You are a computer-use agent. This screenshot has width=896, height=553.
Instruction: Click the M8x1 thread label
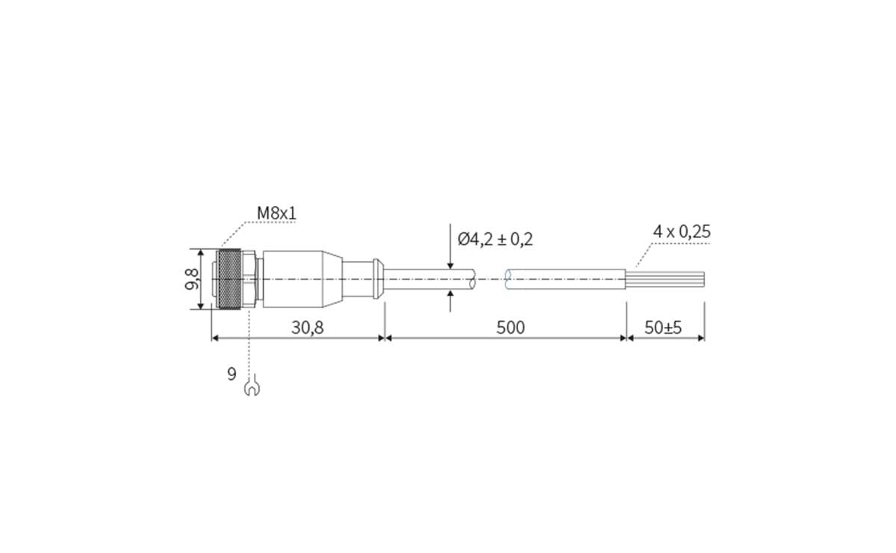click(x=276, y=213)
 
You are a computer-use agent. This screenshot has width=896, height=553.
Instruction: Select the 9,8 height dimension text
click(x=193, y=279)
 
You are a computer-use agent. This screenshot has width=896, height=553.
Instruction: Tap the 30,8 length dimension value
click(x=307, y=328)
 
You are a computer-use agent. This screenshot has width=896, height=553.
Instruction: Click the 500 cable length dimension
click(x=510, y=328)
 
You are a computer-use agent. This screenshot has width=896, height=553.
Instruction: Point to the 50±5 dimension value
click(x=663, y=328)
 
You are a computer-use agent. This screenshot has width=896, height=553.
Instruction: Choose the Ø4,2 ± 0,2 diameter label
click(x=495, y=239)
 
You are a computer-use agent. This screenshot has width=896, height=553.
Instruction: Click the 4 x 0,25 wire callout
click(x=681, y=231)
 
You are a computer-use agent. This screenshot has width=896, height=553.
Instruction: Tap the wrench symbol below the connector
click(x=252, y=386)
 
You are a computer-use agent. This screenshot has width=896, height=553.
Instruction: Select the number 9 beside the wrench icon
click(x=232, y=374)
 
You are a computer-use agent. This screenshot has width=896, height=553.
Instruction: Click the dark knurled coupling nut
click(x=229, y=279)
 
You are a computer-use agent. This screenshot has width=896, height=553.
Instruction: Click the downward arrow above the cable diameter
click(x=451, y=263)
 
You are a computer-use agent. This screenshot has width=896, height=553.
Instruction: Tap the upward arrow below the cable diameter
click(x=451, y=296)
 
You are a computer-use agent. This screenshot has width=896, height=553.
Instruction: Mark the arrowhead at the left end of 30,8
click(x=216, y=337)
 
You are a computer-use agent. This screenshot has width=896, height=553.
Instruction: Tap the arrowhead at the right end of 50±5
click(x=700, y=337)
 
